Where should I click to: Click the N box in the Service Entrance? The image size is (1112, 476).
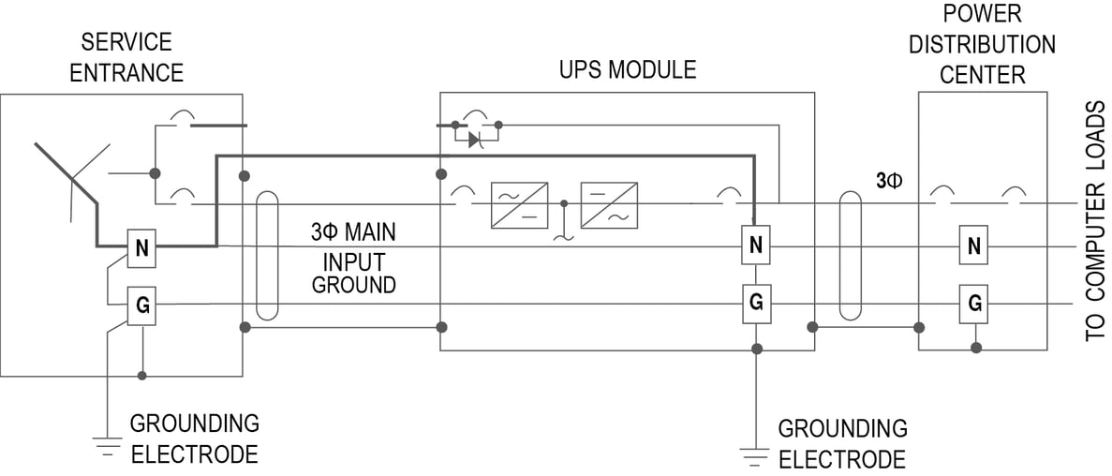pyautogui.click(x=141, y=248)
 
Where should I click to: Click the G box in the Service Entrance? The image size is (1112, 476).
pyautogui.click(x=141, y=305)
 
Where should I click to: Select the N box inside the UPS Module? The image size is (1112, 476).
pyautogui.click(x=756, y=245)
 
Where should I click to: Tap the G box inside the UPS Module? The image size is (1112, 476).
pyautogui.click(x=756, y=304)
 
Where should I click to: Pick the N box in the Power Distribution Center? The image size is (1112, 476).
pyautogui.click(x=974, y=246)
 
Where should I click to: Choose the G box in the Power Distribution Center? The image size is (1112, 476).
pyautogui.click(x=974, y=304)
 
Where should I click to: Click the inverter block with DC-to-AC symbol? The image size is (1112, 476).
pyautogui.click(x=608, y=204)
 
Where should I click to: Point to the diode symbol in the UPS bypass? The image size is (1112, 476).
pyautogui.click(x=475, y=139)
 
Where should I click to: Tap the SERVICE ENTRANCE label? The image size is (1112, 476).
pyautogui.click(x=126, y=57)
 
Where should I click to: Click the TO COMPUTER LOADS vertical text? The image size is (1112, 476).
pyautogui.click(x=1094, y=222)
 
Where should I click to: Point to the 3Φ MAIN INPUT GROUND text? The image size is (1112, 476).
pyautogui.click(x=353, y=258)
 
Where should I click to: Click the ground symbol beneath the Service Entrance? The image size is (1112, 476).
pyautogui.click(x=109, y=444)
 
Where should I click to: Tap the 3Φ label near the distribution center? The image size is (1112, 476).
pyautogui.click(x=888, y=181)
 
